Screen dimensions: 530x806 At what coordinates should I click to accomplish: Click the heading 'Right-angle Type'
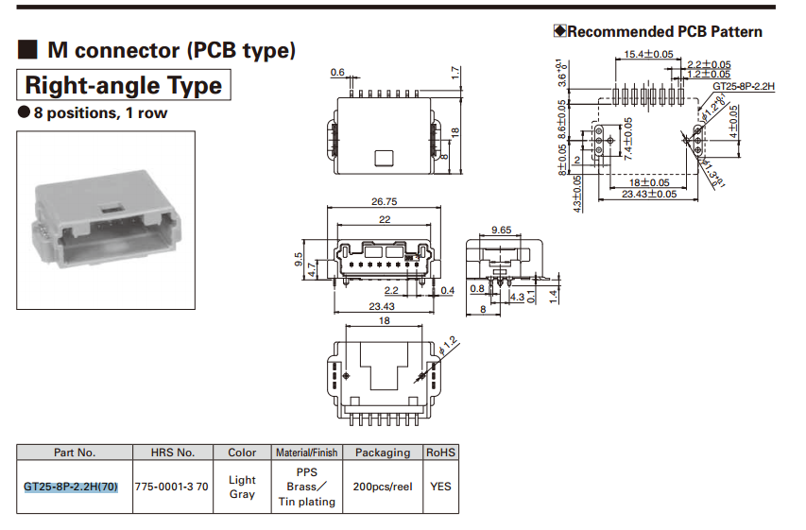[x=123, y=86]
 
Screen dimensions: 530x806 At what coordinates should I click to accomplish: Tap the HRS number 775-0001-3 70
[x=173, y=487]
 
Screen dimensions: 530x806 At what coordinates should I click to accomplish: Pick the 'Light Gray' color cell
[x=242, y=487]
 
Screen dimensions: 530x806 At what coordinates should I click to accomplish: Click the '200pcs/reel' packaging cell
[x=383, y=487]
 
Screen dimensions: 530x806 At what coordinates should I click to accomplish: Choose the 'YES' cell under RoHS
[x=440, y=487]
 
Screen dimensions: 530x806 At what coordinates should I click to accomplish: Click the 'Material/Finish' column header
[x=306, y=453]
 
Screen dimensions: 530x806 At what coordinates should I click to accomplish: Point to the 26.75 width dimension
[x=385, y=201]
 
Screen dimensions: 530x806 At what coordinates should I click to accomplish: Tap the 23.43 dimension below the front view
[x=383, y=307]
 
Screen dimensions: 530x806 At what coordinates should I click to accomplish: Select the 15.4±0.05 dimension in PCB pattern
[x=648, y=54]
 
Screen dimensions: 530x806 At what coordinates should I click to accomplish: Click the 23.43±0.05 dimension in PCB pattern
[x=649, y=194]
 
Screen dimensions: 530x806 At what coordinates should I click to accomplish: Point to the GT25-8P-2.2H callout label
[x=744, y=86]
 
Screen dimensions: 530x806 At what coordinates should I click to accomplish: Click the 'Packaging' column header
[x=383, y=453]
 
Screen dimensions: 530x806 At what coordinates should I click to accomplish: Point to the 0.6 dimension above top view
[x=337, y=73]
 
